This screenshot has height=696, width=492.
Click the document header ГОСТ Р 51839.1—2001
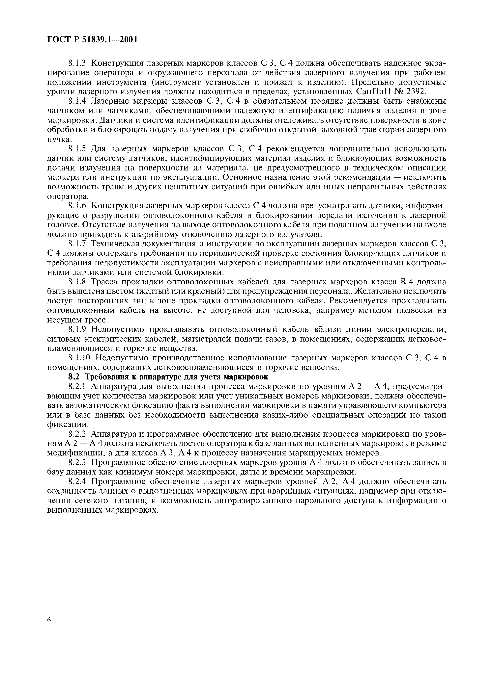point(93,40)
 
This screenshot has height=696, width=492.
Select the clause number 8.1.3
point(77,63)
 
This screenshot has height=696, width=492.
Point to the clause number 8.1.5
point(77,149)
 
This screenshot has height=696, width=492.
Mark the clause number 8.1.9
point(77,329)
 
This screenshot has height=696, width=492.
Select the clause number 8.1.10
point(79,358)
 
